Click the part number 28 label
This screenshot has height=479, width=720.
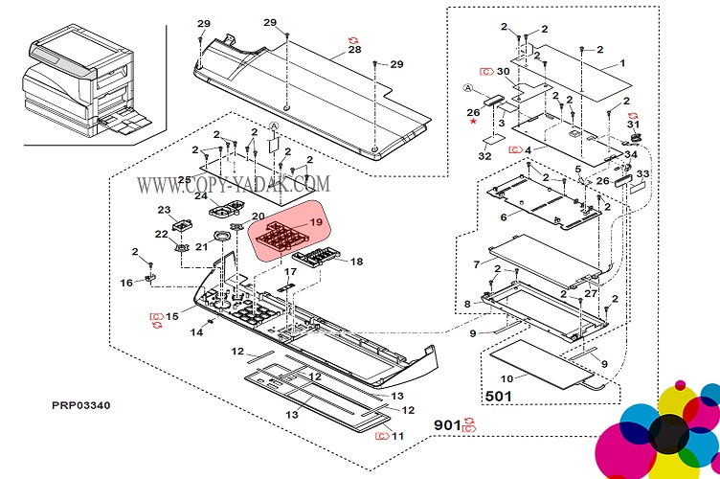tap(355, 49)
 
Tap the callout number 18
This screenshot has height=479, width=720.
tap(356, 262)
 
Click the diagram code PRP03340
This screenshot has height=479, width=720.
tap(81, 405)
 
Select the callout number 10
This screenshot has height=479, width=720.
tap(506, 379)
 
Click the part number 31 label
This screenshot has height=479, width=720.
tap(633, 125)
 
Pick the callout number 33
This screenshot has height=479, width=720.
tap(642, 173)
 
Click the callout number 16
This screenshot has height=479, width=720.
tap(126, 283)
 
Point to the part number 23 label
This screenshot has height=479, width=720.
tap(164, 210)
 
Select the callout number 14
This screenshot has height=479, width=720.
tap(196, 332)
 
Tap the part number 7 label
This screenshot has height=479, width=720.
tap(477, 263)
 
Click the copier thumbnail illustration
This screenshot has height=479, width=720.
tap(84, 82)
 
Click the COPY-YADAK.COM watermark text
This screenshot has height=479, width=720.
tap(234, 183)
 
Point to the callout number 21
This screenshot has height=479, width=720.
tap(202, 247)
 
